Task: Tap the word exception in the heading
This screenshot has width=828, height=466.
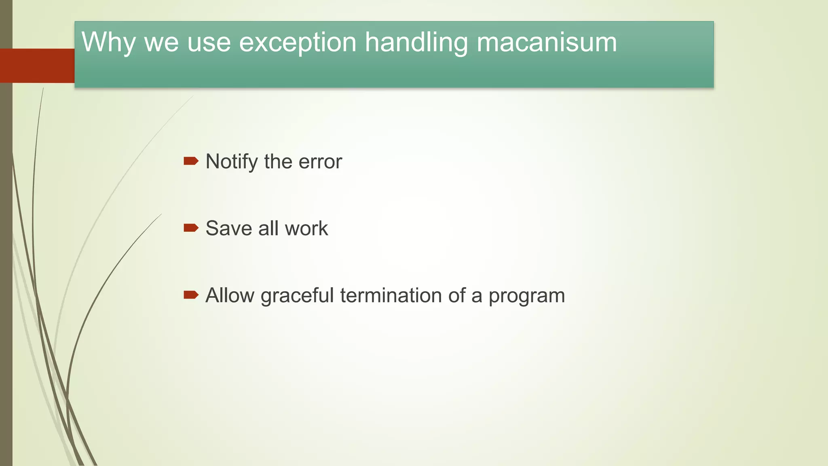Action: (298, 42)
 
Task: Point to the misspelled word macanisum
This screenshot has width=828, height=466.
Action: (547, 42)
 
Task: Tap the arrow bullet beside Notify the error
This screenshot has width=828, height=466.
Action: (191, 161)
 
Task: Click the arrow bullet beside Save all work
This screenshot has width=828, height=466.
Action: (191, 228)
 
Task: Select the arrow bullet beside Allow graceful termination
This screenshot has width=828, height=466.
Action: (191, 295)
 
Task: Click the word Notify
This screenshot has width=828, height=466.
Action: (232, 162)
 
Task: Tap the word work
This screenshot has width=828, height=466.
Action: (306, 229)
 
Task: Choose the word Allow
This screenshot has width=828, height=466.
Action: (230, 295)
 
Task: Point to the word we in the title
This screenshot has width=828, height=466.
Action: (161, 42)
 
